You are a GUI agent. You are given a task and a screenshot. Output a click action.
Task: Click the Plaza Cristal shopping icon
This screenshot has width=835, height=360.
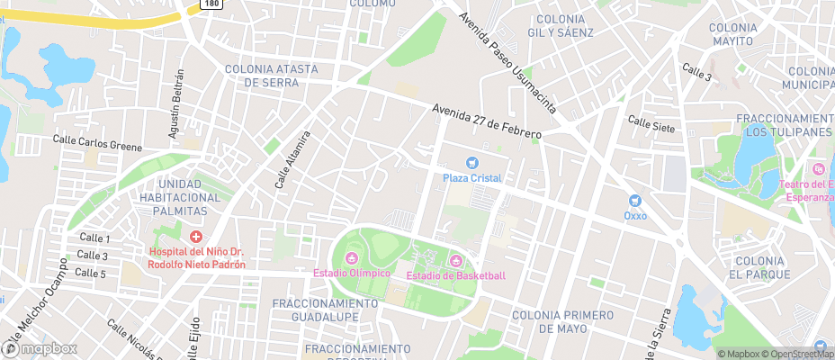[x=471, y=163]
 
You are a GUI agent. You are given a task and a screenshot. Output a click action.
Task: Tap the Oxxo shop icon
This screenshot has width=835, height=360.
[x=635, y=201]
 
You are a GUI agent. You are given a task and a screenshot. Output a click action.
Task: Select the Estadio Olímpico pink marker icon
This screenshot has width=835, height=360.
[x=351, y=259]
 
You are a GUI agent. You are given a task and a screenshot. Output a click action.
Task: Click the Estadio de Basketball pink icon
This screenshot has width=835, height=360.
[x=455, y=261]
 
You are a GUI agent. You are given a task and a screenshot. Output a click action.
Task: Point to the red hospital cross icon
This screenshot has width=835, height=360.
[x=195, y=237]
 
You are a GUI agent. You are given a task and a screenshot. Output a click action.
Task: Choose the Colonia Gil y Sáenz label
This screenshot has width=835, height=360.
[x=563, y=25]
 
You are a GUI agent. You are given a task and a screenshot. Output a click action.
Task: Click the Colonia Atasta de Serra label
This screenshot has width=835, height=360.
[x=267, y=75]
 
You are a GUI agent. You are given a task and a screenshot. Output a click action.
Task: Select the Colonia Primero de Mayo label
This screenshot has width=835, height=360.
[x=562, y=322]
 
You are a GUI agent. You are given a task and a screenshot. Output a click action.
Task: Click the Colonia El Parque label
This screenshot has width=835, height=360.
[x=760, y=267]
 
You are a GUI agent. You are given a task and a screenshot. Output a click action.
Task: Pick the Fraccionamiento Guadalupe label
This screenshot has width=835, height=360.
[x=316, y=310]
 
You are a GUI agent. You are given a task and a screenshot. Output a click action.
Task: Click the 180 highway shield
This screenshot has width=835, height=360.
[x=210, y=4]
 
